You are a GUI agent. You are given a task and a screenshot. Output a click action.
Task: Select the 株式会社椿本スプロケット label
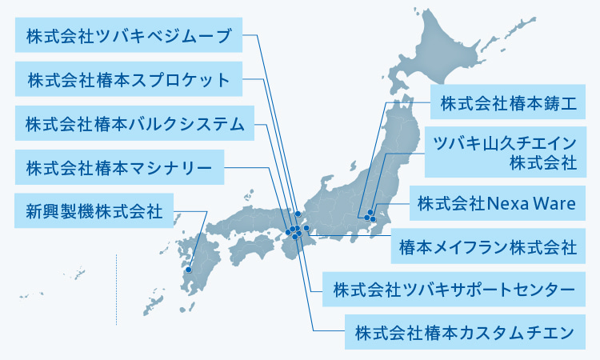pyautogui.click(x=129, y=80)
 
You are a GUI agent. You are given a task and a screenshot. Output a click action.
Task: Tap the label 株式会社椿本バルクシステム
pyautogui.click(x=134, y=124)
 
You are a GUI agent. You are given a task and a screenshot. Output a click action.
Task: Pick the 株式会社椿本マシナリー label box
pyautogui.click(x=119, y=168)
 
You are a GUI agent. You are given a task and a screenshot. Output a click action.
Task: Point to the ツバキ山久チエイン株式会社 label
pyautogui.click(x=503, y=153)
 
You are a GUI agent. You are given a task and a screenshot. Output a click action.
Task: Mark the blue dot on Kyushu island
pyautogui.click(x=189, y=270)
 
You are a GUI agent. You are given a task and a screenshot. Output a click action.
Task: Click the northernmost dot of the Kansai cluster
pyautogui.click(x=298, y=214)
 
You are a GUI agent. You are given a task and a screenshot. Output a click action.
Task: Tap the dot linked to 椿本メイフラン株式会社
pyautogui.click(x=306, y=229)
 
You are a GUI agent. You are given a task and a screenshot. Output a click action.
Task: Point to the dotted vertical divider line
pyautogui.click(x=117, y=288)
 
